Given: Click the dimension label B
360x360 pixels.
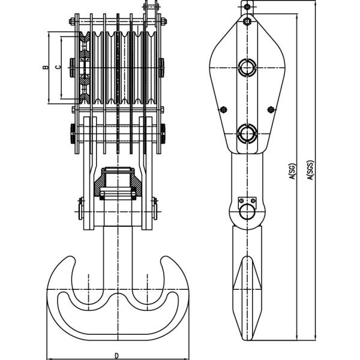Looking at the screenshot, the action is point(46,67).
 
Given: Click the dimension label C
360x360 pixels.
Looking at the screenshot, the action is point(58,67).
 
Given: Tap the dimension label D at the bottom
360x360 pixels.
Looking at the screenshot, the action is point(117,356).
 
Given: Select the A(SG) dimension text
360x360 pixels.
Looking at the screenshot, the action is point(293,171).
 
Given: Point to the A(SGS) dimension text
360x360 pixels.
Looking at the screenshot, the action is point(310,170).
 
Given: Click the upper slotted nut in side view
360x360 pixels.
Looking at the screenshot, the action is point(247,67).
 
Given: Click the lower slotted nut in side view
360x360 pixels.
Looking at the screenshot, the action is point(247,133).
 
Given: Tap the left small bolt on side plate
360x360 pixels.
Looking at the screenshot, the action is point(223,110).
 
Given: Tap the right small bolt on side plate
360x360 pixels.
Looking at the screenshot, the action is point(271,110).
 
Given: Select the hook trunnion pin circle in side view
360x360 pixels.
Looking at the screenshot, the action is point(247,212).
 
